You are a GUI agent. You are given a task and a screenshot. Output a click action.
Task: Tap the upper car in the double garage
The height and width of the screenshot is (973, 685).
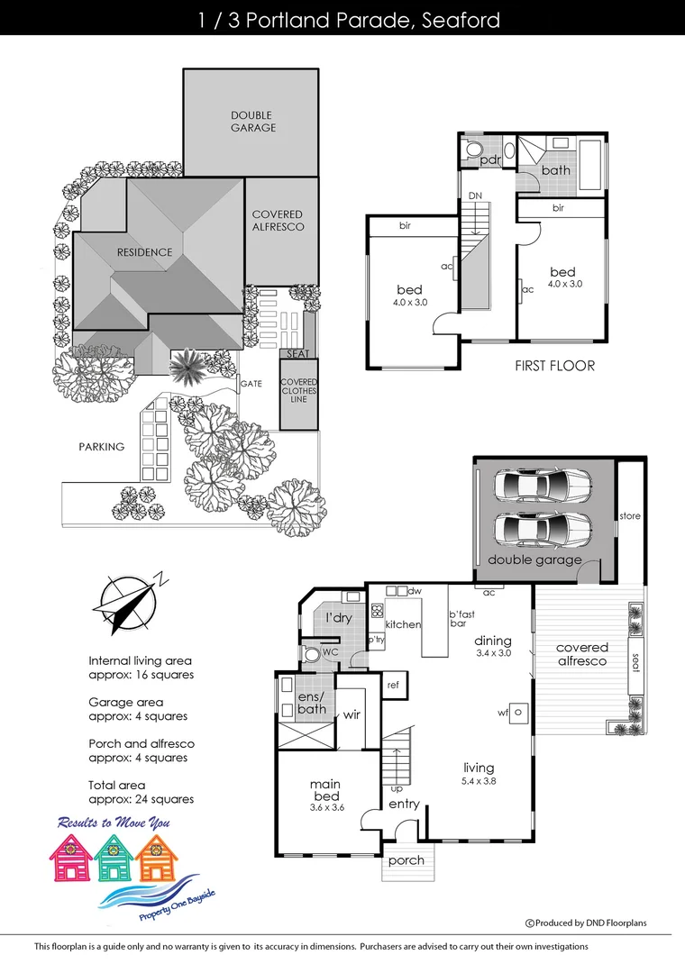(x=542, y=487)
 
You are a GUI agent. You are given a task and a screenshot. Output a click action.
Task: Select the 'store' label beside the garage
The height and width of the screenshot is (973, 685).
(x=629, y=516)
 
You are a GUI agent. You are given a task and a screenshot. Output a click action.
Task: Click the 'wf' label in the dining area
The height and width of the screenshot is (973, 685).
(x=503, y=712)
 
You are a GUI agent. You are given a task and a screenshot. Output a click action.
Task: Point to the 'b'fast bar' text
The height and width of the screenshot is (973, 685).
(x=463, y=619)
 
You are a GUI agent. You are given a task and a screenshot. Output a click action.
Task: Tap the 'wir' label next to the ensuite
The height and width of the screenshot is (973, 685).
(x=352, y=715)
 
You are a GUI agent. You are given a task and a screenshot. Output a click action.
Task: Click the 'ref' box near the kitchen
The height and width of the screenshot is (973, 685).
(x=393, y=685)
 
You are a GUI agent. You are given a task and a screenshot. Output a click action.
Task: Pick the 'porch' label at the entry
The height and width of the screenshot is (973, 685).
(x=406, y=860)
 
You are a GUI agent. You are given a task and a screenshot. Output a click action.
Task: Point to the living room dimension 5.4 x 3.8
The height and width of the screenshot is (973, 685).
(x=479, y=781)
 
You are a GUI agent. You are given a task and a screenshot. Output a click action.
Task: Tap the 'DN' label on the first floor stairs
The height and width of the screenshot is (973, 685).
(x=475, y=195)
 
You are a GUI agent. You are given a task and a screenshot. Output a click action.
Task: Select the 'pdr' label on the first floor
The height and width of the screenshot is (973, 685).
(x=489, y=160)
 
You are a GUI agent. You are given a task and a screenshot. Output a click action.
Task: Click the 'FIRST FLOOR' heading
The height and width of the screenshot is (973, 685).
(x=554, y=366)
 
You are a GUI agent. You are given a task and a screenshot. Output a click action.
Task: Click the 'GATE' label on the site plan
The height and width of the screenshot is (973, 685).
(x=251, y=384)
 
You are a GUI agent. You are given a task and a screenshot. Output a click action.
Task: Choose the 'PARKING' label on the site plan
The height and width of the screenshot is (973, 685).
(x=101, y=446)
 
